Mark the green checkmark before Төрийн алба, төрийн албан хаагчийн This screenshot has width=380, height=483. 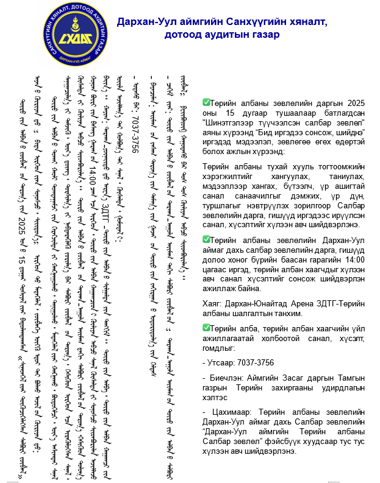click(x=206, y=328)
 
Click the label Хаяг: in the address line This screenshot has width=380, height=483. click(x=213, y=302)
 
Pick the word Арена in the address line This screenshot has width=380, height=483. click(x=301, y=302)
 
